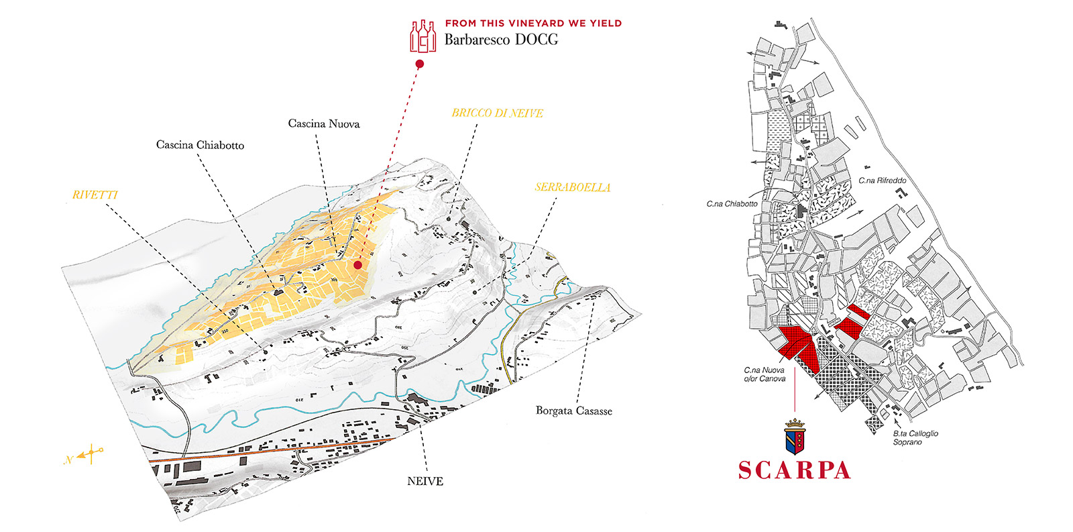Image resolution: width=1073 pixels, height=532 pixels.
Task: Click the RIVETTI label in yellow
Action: [95, 195]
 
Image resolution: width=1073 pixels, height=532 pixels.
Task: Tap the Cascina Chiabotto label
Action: [200, 145]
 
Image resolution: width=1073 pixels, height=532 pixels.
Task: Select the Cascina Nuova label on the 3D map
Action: [324, 123]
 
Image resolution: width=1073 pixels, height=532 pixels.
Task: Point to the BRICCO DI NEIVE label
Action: [497, 113]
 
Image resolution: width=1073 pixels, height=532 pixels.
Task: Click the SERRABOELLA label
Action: [573, 187]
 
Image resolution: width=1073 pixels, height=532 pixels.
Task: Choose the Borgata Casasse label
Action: [573, 411]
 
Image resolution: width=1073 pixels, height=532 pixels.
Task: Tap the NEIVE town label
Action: [425, 481]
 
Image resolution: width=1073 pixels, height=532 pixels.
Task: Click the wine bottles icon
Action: [423, 36]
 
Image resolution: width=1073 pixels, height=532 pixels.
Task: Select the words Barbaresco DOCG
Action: [501, 40]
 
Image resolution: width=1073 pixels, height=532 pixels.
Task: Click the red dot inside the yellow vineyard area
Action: [358, 265]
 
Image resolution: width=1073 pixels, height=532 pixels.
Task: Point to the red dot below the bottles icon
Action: [420, 64]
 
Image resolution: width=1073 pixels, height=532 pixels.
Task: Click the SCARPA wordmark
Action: [794, 470]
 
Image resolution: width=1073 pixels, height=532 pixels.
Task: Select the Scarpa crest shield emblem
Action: [795, 437]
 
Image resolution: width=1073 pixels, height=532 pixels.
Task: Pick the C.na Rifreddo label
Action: [882, 180]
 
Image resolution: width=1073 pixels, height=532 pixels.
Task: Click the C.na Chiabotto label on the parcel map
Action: [732, 204]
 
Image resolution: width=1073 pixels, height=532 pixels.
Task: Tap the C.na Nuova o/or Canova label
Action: [764, 374]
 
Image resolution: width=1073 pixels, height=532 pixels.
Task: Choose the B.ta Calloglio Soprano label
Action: [915, 437]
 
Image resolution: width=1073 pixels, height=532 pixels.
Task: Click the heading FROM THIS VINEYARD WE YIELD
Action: [533, 23]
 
